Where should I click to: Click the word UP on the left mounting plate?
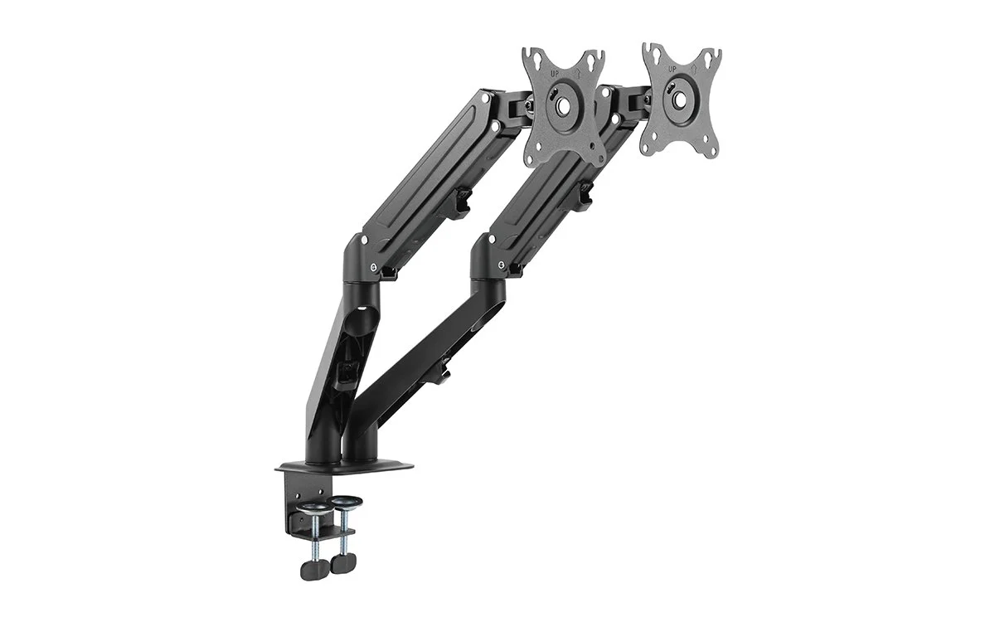click(555, 74)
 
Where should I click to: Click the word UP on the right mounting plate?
click(672, 70)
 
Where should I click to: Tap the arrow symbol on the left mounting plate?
click(578, 73)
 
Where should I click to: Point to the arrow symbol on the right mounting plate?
click(694, 69)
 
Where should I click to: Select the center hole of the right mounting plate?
click(680, 99)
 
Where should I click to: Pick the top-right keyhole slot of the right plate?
click(708, 57)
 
